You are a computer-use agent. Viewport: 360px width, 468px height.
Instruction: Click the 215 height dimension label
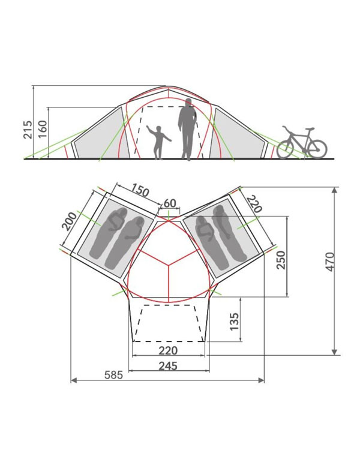click(28, 130)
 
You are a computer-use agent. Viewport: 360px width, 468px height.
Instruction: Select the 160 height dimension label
click(43, 129)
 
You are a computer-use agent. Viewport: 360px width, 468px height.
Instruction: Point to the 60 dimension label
click(170, 203)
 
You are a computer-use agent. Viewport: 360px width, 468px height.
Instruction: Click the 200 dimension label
click(69, 221)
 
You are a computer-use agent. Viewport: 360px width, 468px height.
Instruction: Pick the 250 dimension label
click(281, 260)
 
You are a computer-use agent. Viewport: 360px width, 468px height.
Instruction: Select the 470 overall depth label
click(330, 262)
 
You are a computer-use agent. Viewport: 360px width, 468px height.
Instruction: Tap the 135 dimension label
click(235, 322)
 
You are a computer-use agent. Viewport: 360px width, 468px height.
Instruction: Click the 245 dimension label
click(168, 365)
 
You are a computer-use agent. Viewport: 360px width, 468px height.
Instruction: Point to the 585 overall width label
click(114, 374)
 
